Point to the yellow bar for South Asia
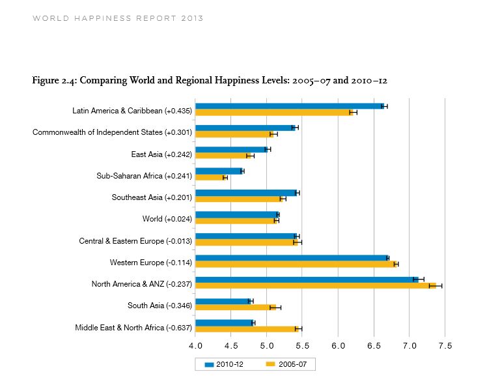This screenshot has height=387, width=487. pos(234,307)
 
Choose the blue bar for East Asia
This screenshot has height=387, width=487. pos(230,149)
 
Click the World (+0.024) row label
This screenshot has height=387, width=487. pos(167,219)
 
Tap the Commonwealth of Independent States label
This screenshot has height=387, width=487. pos(112,133)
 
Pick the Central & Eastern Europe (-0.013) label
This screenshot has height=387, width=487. pos(135,241)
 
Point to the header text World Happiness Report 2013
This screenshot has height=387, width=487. pos(118,18)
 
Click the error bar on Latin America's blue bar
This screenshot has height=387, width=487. pos(385,106)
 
